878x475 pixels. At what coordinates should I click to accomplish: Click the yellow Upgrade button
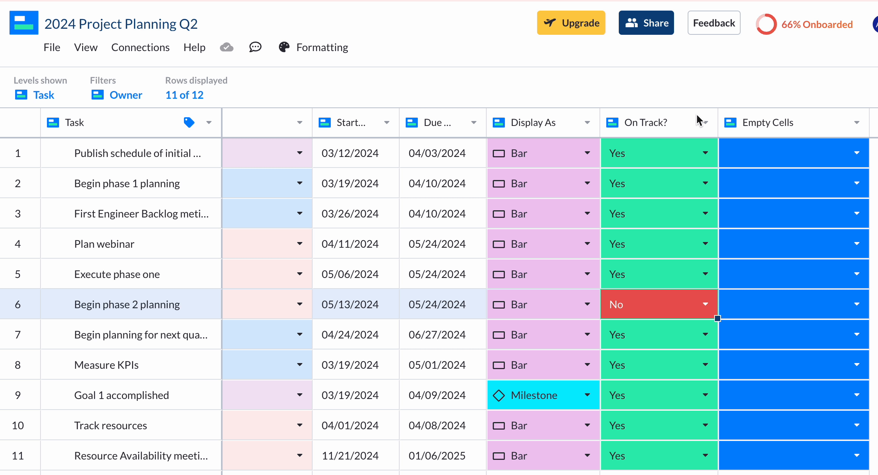pos(571,23)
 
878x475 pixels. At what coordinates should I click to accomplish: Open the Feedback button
pos(714,23)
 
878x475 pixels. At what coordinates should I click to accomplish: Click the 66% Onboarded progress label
pos(817,25)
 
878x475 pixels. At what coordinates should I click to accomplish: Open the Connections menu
pos(140,47)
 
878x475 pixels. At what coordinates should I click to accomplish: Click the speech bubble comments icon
pos(255,47)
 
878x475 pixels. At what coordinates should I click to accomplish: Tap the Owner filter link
pos(126,95)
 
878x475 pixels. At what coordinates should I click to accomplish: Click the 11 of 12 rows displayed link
pos(184,95)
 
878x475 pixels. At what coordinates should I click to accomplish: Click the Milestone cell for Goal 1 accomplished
pos(534,395)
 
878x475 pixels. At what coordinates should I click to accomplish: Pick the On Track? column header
pos(646,123)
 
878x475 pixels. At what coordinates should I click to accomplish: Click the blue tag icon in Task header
pos(189,123)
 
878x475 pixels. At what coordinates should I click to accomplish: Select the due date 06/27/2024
pos(437,335)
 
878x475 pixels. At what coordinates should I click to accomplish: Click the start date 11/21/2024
pos(350,456)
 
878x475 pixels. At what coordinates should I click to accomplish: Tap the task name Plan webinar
pos(104,244)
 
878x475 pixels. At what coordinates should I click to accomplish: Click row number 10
pos(18,425)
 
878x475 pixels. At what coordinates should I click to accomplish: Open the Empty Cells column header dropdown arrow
pos(857,123)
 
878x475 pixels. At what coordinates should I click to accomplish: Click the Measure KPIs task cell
pos(106,365)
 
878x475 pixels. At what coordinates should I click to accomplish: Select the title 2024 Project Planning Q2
pos(121,24)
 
